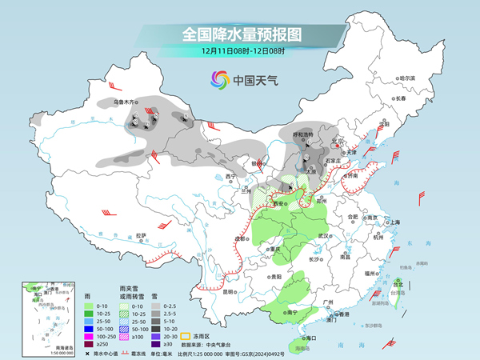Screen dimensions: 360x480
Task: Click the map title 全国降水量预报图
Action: pyautogui.click(x=239, y=34)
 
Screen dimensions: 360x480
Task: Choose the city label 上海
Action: pyautogui.click(x=394, y=222)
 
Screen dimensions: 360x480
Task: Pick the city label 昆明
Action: pyautogui.click(x=230, y=291)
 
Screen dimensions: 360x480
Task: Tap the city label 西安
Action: pyautogui.click(x=280, y=204)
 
